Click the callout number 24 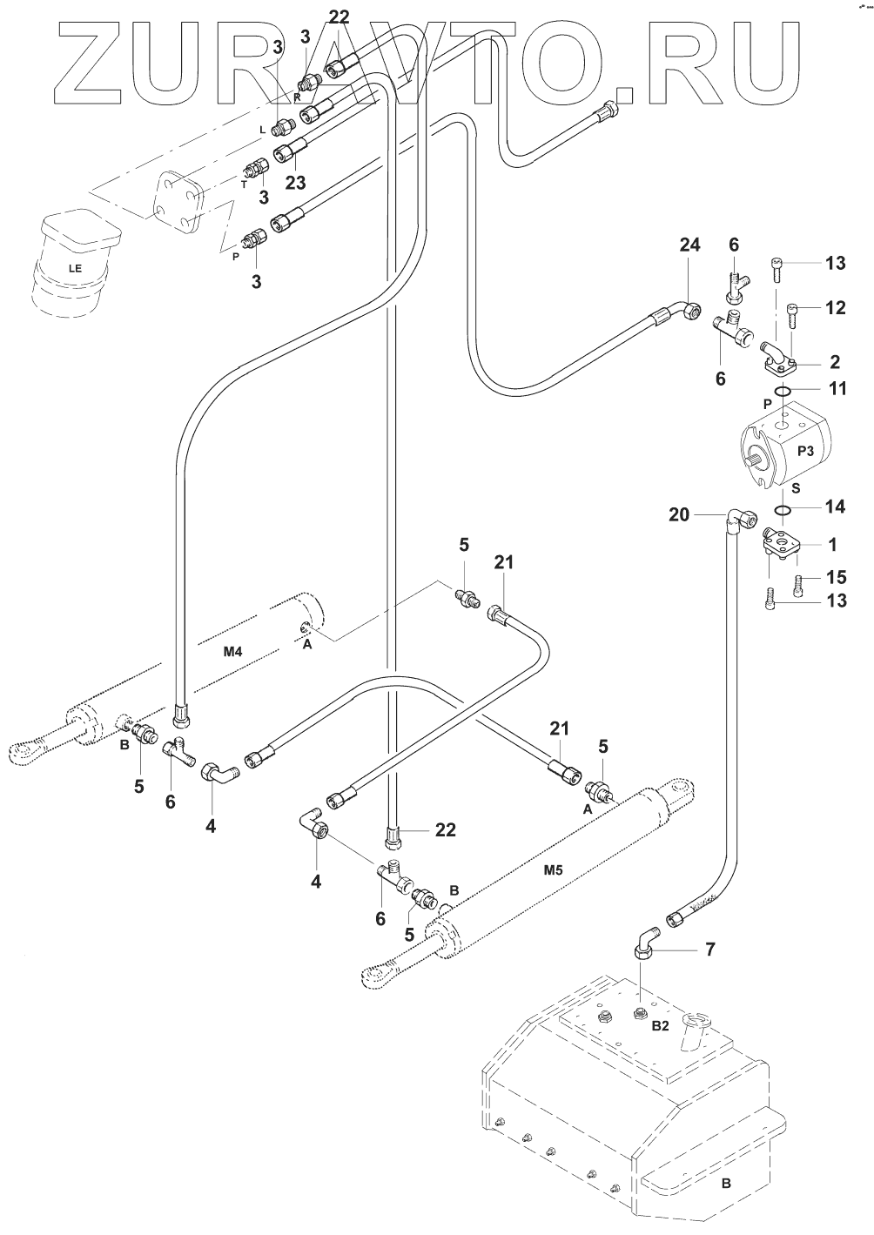pyautogui.click(x=689, y=246)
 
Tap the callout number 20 pyautogui.click(x=679, y=515)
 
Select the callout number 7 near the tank pyautogui.click(x=710, y=949)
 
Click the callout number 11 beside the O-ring pyautogui.click(x=837, y=388)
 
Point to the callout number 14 pyautogui.click(x=836, y=506)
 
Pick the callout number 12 pyautogui.click(x=836, y=307)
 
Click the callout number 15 pyautogui.click(x=836, y=577)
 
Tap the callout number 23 pyautogui.click(x=296, y=183)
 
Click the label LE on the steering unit pyautogui.click(x=76, y=268)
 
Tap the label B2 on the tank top pyautogui.click(x=660, y=1026)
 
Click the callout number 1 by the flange pyautogui.click(x=833, y=546)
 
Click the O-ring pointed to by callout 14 pyautogui.click(x=783, y=510)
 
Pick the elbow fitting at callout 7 pyautogui.click(x=645, y=941)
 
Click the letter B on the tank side pyautogui.click(x=725, y=1184)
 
